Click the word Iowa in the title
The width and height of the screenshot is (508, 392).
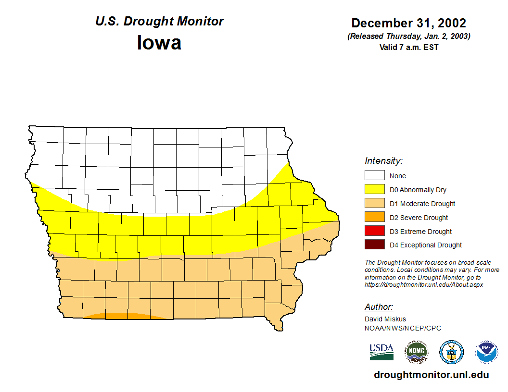[159, 43]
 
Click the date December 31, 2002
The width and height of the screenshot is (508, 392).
[408, 23]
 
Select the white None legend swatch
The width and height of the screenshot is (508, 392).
[374, 176]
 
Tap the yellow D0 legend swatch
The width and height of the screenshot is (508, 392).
[374, 190]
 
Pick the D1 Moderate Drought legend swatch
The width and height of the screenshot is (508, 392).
[374, 204]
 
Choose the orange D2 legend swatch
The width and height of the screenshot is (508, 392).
[374, 217]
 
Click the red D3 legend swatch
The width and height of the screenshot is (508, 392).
[374, 231]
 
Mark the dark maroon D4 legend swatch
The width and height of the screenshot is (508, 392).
[374, 245]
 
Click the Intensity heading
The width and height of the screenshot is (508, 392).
[383, 161]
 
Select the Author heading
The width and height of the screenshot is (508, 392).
[379, 307]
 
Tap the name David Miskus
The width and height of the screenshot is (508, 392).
[385, 319]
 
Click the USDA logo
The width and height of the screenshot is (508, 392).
[381, 352]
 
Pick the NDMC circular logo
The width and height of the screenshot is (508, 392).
[416, 352]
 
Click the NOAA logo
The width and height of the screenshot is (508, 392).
[487, 352]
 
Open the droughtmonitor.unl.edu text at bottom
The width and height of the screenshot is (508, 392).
[431, 375]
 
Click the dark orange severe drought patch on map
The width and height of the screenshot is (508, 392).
[126, 316]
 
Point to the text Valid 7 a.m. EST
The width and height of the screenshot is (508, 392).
[408, 47]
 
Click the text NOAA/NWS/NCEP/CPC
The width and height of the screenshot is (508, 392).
[403, 328]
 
